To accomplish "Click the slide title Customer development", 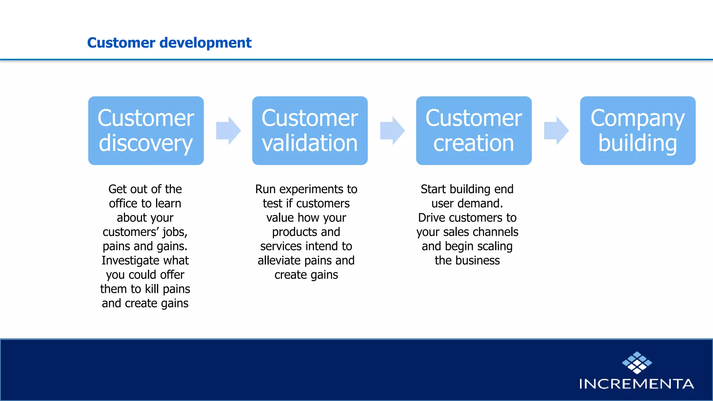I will coord(169,43).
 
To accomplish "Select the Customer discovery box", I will coord(146,131).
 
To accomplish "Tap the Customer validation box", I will coord(310,131).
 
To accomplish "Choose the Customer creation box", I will coord(474,131).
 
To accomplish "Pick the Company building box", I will coord(638,131).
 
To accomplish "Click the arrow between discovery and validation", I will coord(228,131).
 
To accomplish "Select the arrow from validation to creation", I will coord(392,131).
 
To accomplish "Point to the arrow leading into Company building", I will coord(556,131).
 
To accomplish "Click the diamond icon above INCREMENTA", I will coord(637,363).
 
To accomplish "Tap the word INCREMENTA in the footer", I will coord(636,384).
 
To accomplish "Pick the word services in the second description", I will coord(281,246).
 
